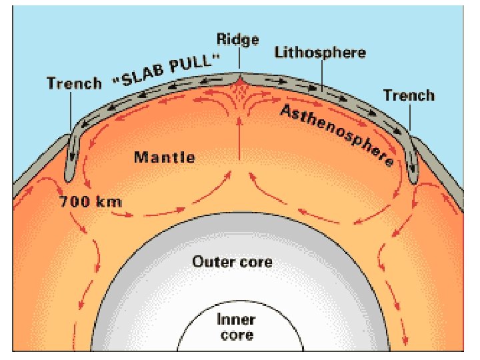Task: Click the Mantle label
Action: pos(165,158)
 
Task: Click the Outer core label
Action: pos(232,261)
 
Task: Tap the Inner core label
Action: pos(236,327)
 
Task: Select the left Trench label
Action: pos(73,84)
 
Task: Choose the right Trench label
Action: pos(409,95)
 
